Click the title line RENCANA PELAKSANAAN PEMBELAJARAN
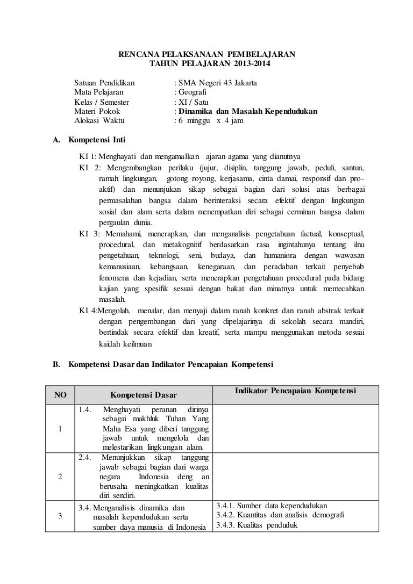(x=206, y=54)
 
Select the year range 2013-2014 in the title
(x=253, y=64)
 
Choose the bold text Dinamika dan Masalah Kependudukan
(x=248, y=112)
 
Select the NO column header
(x=60, y=395)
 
